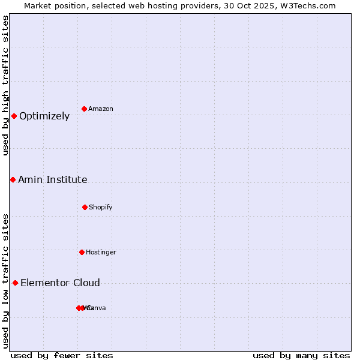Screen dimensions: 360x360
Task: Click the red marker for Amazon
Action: pyautogui.click(x=85, y=109)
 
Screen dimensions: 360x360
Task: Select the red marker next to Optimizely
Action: pyautogui.click(x=14, y=116)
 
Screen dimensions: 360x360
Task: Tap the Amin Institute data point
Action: pyautogui.click(x=13, y=179)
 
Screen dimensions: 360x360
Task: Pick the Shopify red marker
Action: pyautogui.click(x=85, y=207)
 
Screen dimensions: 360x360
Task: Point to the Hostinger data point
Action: pyautogui.click(x=82, y=252)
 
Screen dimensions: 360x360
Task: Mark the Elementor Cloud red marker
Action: pyautogui.click(x=15, y=283)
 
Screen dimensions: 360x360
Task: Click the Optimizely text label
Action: pyautogui.click(x=44, y=116)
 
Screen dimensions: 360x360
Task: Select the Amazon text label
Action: pyautogui.click(x=101, y=109)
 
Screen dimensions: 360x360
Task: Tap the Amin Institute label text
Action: pyautogui.click(x=53, y=180)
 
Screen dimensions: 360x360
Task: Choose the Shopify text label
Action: pyautogui.click(x=101, y=208)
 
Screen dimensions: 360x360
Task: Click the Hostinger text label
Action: pyautogui.click(x=101, y=253)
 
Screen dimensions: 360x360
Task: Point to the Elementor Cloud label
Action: pyautogui.click(x=60, y=283)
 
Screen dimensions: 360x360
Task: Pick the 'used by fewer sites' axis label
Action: pyautogui.click(x=62, y=355)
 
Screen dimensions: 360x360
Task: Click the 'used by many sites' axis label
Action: pyautogui.click(x=301, y=355)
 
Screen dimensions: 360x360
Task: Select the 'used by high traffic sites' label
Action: pyautogui.click(x=6, y=85)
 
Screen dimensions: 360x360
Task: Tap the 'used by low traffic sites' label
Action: pyautogui.click(x=6, y=281)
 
